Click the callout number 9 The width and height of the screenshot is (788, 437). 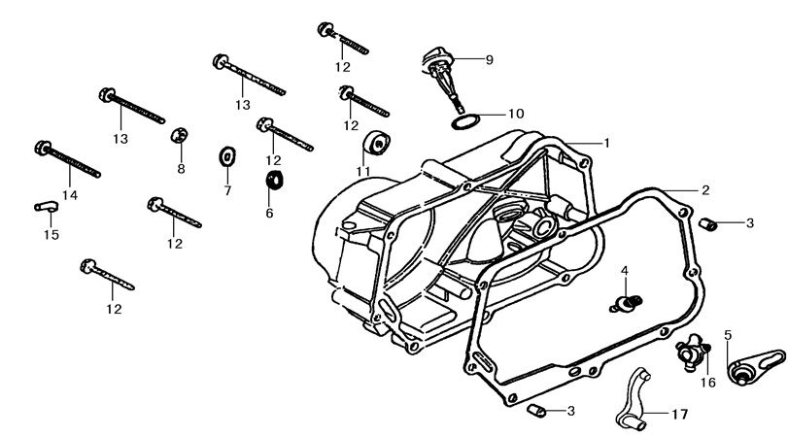tap(489, 60)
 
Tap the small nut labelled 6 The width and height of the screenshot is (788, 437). tap(274, 180)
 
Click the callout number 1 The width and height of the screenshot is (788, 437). tap(607, 142)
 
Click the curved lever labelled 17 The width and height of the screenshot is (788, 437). tap(633, 398)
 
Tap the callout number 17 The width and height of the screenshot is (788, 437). tap(678, 414)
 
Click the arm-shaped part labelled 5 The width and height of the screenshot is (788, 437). tap(752, 365)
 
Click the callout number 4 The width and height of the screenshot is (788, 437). tap(626, 269)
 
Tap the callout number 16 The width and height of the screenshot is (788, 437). tap(707, 383)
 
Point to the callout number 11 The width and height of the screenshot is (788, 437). tap(363, 172)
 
